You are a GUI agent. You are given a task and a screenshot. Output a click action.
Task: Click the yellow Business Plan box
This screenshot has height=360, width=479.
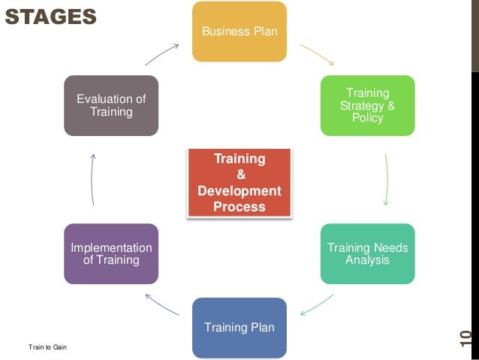[x=239, y=32]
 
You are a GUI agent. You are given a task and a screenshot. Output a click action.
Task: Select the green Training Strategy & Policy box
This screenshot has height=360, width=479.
[x=367, y=105]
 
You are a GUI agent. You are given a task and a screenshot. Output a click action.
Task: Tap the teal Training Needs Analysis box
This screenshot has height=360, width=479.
[x=367, y=254]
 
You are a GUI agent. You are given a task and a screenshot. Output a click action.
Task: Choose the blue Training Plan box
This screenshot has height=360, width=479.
[x=239, y=328]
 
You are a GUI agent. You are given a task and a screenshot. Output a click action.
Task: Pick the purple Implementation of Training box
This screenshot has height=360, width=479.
[x=111, y=254]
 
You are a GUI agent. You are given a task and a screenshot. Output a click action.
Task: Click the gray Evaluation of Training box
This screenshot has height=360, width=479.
[x=111, y=105]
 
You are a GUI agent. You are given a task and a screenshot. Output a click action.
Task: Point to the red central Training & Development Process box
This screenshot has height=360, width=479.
[x=239, y=183]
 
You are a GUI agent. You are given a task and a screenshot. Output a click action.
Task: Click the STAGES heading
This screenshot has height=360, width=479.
[x=50, y=16]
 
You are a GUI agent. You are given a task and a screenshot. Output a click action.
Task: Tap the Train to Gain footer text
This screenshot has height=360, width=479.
[x=47, y=346]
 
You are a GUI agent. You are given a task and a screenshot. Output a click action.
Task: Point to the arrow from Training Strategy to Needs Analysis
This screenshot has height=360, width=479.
[x=387, y=180]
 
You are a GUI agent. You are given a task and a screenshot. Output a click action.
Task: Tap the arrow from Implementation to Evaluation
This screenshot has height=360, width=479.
[x=92, y=180]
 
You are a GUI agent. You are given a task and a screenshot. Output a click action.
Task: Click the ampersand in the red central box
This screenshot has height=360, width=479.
[x=239, y=175]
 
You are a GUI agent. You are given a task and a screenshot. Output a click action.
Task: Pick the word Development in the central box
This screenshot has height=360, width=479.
[x=239, y=191]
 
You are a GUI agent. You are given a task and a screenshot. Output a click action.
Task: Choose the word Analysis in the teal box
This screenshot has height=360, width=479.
[x=367, y=260]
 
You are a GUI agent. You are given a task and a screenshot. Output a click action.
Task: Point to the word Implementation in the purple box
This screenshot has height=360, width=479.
[x=111, y=248]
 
